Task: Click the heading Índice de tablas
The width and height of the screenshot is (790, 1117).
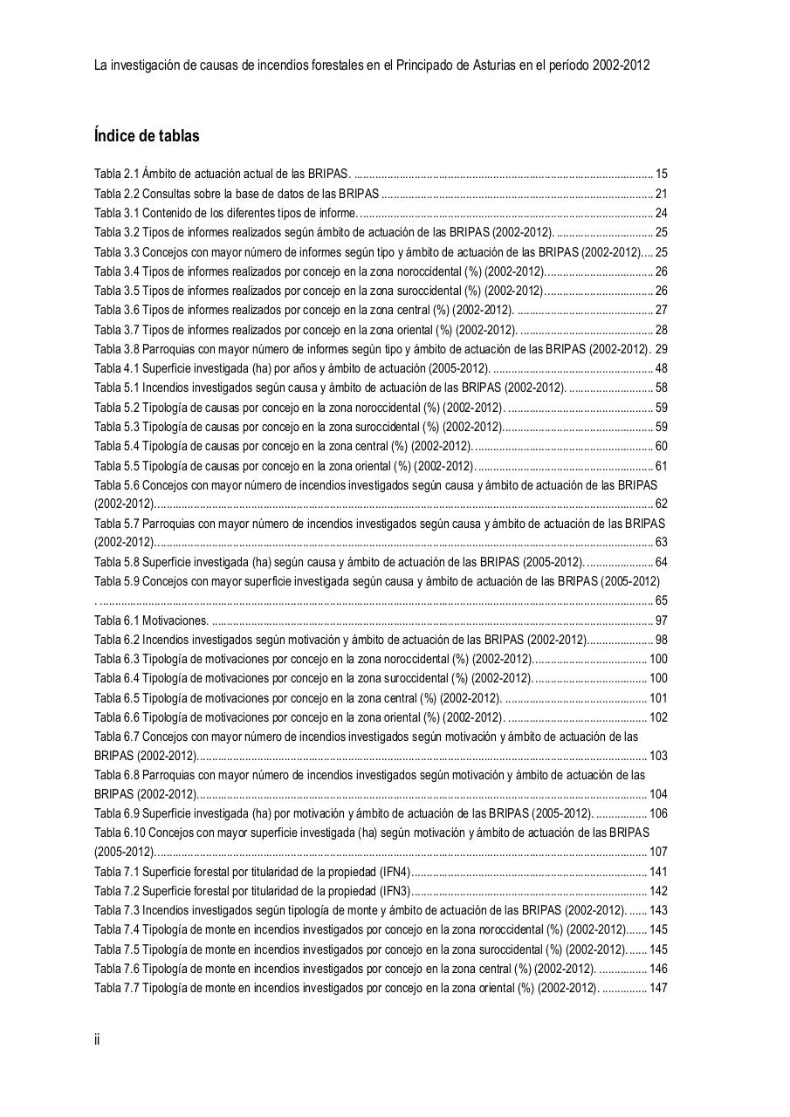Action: click(147, 136)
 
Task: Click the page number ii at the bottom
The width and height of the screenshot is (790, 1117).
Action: click(97, 1039)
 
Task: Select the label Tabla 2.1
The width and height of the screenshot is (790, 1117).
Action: click(117, 175)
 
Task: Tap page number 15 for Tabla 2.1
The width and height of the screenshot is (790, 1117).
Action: click(661, 175)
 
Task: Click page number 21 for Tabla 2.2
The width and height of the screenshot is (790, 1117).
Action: click(661, 194)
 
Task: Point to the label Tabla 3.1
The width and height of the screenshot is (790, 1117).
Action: click(117, 214)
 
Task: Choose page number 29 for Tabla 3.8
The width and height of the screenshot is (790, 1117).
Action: click(661, 349)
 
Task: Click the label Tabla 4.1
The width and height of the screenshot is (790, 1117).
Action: click(117, 368)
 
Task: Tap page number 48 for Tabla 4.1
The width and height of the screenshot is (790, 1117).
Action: click(661, 368)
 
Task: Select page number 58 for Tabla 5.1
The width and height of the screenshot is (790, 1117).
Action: click(661, 387)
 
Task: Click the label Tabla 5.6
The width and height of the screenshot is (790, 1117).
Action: click(117, 485)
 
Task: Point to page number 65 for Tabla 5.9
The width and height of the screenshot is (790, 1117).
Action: click(661, 600)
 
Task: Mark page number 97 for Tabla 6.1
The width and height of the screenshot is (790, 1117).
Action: click(661, 620)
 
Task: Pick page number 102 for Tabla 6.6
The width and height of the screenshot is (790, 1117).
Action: click(658, 717)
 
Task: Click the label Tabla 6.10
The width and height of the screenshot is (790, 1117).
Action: click(120, 833)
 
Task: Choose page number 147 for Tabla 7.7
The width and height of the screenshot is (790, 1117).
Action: click(658, 988)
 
